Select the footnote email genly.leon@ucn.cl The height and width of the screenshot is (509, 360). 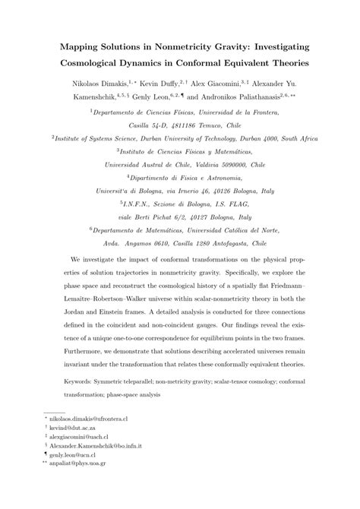[x=74, y=477]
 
